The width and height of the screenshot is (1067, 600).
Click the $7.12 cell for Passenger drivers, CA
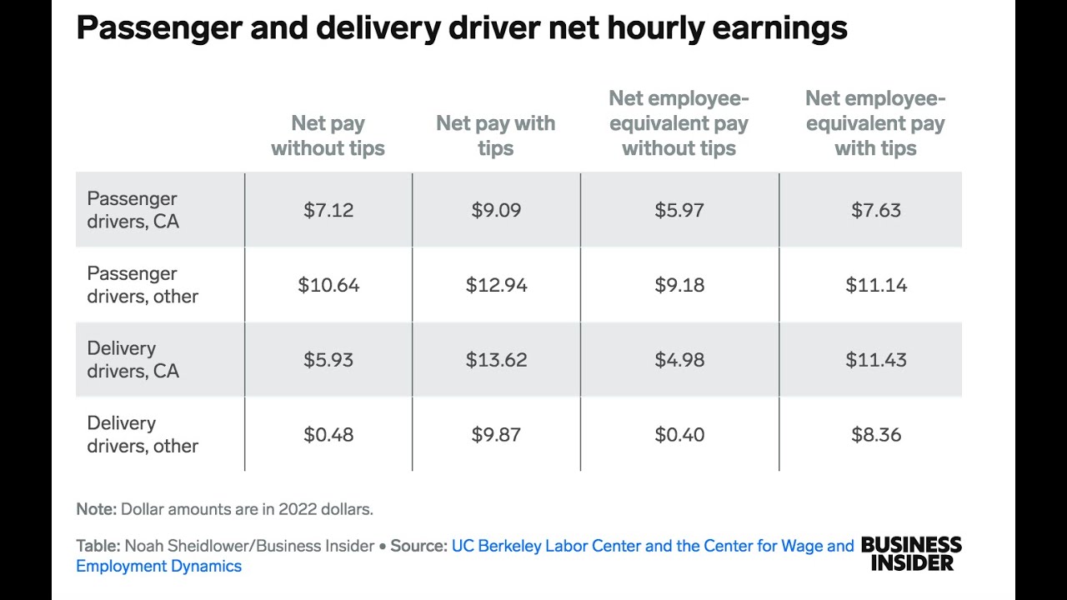(x=328, y=210)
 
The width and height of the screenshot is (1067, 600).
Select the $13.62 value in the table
(x=496, y=360)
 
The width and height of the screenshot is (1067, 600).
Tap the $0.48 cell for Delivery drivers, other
(x=328, y=434)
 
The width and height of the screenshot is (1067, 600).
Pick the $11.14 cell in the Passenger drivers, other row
(x=875, y=285)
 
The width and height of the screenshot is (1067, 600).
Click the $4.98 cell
(x=679, y=360)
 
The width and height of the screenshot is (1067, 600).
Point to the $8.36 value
(x=875, y=434)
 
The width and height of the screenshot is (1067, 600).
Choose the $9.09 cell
(x=496, y=210)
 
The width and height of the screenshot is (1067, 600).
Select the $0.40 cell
(x=679, y=434)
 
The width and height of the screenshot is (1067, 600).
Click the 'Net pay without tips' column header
(x=328, y=136)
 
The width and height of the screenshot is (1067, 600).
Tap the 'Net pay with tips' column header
(x=495, y=136)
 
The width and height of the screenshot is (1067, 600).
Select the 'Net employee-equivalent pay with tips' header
(x=875, y=123)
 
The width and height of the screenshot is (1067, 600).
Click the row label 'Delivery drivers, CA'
(x=133, y=359)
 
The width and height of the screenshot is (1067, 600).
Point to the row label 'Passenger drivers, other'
(x=143, y=285)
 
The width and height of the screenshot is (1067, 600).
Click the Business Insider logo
(x=910, y=553)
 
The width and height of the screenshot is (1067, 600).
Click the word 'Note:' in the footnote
(x=96, y=508)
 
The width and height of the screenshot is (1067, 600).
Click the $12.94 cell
(x=496, y=285)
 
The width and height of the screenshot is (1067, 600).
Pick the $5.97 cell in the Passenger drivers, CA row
(x=679, y=210)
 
